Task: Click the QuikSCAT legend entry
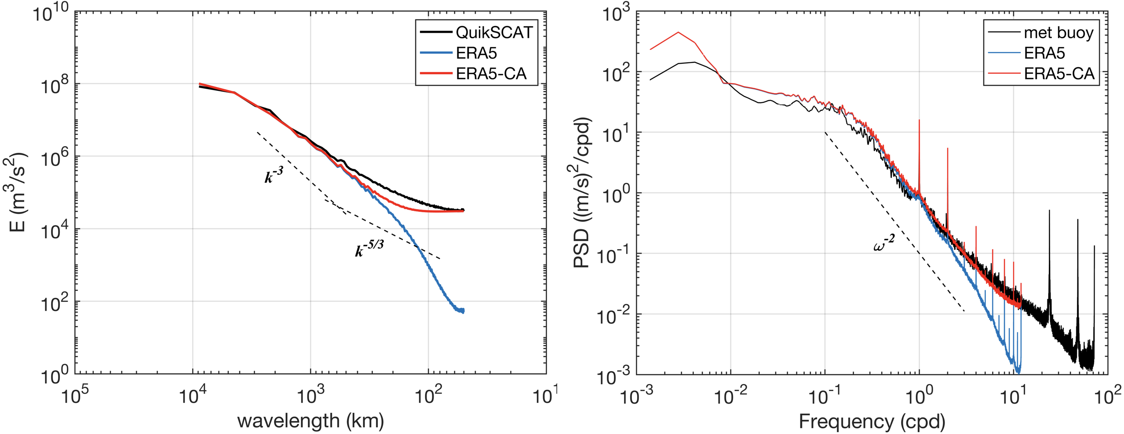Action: coord(494,33)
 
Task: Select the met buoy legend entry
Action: coord(1058,33)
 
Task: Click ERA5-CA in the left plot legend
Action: coord(491,73)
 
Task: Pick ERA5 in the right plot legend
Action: coord(1044,53)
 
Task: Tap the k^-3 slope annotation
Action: coord(273,175)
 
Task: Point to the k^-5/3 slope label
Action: coord(369,248)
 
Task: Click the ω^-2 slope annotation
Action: coord(883,242)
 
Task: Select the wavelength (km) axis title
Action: coord(310,421)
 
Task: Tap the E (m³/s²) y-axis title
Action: coord(17,192)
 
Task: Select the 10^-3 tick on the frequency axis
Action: coord(636,396)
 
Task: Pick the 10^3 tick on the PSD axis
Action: coord(614,13)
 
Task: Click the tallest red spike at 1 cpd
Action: coord(919,120)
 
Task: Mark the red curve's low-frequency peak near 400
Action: coord(678,32)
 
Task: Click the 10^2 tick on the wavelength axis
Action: coord(428,396)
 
